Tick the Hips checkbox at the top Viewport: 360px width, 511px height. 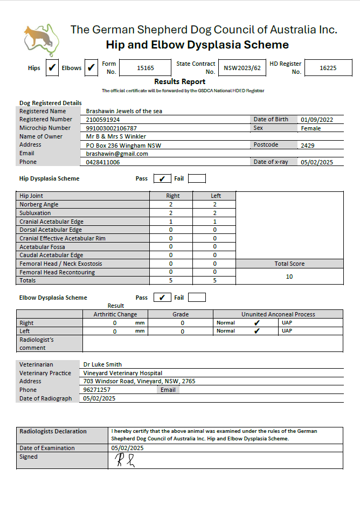pyautogui.click(x=52, y=68)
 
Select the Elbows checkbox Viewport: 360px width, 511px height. pyautogui.click(x=91, y=68)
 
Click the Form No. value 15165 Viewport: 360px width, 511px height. pyautogui.click(x=146, y=68)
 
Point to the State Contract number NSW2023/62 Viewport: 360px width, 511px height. pyautogui.click(x=243, y=68)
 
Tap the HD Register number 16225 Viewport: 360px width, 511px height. pyautogui.click(x=328, y=68)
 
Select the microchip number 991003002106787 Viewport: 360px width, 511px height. pyautogui.click(x=112, y=128)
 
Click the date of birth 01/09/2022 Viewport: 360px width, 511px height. pyautogui.click(x=317, y=120)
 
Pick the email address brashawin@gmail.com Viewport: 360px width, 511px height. pyautogui.click(x=117, y=154)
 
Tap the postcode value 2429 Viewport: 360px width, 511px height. pyautogui.click(x=308, y=145)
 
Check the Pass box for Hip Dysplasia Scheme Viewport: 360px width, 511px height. pyautogui.click(x=162, y=179)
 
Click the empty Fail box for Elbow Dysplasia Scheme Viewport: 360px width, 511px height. pyautogui.click(x=197, y=298)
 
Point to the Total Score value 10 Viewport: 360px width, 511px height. pyautogui.click(x=289, y=277)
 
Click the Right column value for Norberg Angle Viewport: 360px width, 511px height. pyautogui.click(x=171, y=205)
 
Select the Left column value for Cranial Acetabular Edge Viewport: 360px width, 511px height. pyautogui.click(x=214, y=222)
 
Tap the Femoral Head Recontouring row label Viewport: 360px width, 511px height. pyautogui.click(x=57, y=272)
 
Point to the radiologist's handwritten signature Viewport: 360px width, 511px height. pyautogui.click(x=123, y=460)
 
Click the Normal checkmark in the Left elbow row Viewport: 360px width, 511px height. pyautogui.click(x=257, y=331)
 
